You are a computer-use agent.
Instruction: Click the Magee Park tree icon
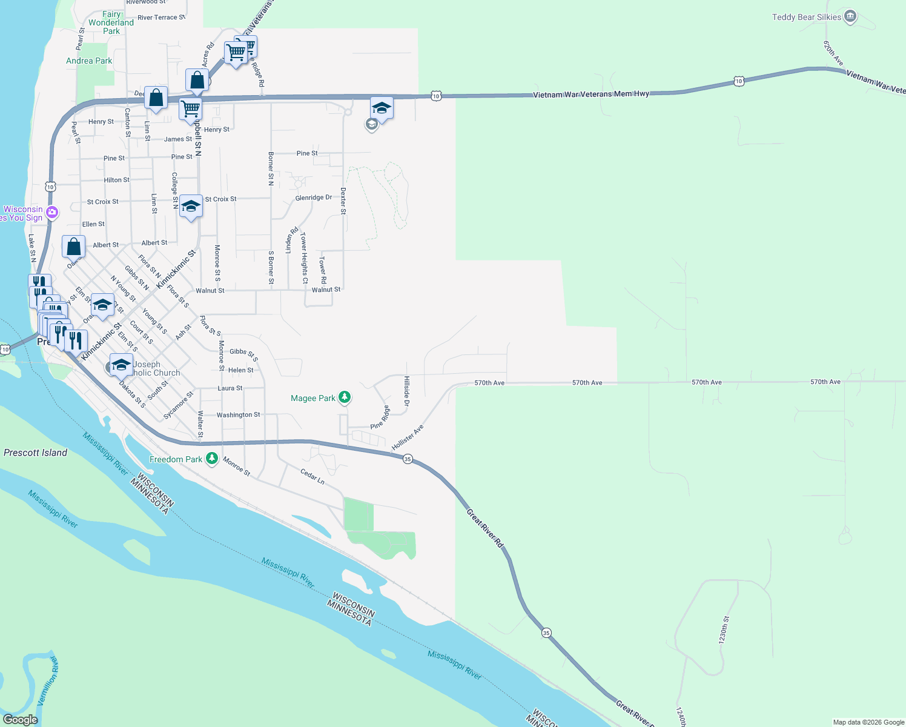[x=345, y=397]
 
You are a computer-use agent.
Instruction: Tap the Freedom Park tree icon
[x=212, y=459]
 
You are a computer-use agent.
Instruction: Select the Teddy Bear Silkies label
[x=806, y=17]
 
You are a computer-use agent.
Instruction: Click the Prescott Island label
[x=35, y=453]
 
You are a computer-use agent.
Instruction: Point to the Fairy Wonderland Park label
[x=111, y=22]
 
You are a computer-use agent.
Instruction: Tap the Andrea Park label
[x=89, y=61]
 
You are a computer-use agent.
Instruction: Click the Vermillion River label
[x=48, y=681]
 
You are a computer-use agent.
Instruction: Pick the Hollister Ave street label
[x=408, y=437]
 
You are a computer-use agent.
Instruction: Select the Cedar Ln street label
[x=312, y=476]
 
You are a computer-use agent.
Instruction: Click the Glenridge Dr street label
[x=314, y=198]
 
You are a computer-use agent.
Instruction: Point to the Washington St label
[x=238, y=415]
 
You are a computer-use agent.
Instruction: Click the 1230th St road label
[x=724, y=630]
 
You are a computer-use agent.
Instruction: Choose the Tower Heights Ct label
[x=304, y=257]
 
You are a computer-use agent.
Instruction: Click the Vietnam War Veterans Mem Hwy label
[x=591, y=95]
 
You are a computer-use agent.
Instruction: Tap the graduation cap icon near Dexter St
[x=382, y=108]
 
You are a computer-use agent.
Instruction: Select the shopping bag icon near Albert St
[x=74, y=247]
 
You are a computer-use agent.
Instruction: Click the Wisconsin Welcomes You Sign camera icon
[x=52, y=211]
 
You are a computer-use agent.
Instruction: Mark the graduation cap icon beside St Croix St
[x=191, y=207]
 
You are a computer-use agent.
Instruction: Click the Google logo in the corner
[x=21, y=720]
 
